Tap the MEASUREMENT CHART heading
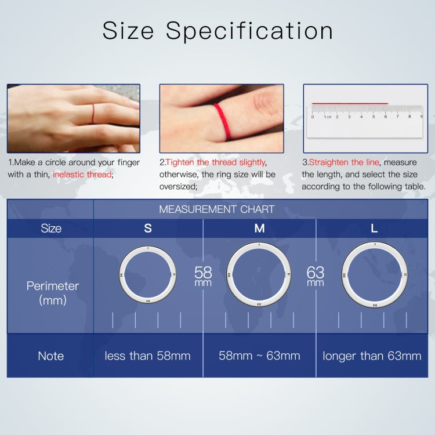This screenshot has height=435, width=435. pyautogui.click(x=216, y=209)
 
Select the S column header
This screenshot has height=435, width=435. pyautogui.click(x=148, y=229)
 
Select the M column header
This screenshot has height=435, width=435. pyautogui.click(x=259, y=229)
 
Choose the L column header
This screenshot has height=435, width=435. pyautogui.click(x=374, y=229)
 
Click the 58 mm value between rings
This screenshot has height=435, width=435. pyautogui.click(x=203, y=275)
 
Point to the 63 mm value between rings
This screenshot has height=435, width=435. pyautogui.click(x=316, y=275)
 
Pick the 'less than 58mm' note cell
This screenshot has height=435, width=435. pyautogui.click(x=147, y=356)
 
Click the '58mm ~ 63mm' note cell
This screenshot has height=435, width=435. pyautogui.click(x=259, y=356)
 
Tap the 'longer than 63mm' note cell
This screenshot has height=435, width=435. pyautogui.click(x=372, y=356)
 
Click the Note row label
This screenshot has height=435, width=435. pyautogui.click(x=50, y=356)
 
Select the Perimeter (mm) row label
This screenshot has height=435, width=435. pyautogui.click(x=52, y=293)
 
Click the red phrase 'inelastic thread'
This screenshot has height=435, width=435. pyautogui.click(x=82, y=174)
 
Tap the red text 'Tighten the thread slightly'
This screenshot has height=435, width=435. pyautogui.click(x=216, y=162)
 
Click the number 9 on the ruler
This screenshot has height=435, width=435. pyautogui.click(x=421, y=117)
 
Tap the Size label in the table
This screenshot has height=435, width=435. pyautogui.click(x=50, y=229)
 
